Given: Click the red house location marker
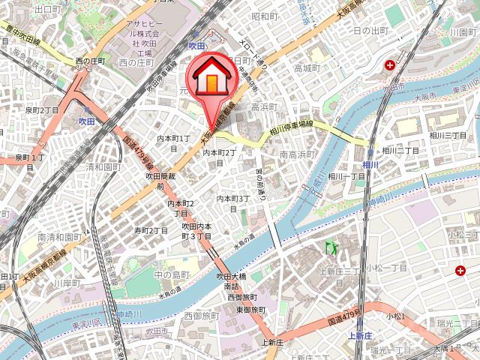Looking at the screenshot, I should point(212,78).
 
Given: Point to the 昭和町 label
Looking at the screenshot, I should point(265,16).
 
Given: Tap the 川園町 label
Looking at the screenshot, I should point(459,32).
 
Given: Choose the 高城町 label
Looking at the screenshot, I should point(307,68).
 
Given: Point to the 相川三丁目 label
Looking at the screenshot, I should point(448,135).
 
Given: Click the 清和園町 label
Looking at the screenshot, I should point(103,168).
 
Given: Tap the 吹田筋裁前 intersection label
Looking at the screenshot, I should point(160,180).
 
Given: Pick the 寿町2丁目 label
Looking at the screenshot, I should point(151,230).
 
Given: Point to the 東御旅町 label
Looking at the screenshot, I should point(250,309).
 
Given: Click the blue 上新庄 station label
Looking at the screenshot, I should point(360,335).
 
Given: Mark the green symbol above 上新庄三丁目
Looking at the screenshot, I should point(328,247).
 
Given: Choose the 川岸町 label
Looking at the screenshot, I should point(66,283).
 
